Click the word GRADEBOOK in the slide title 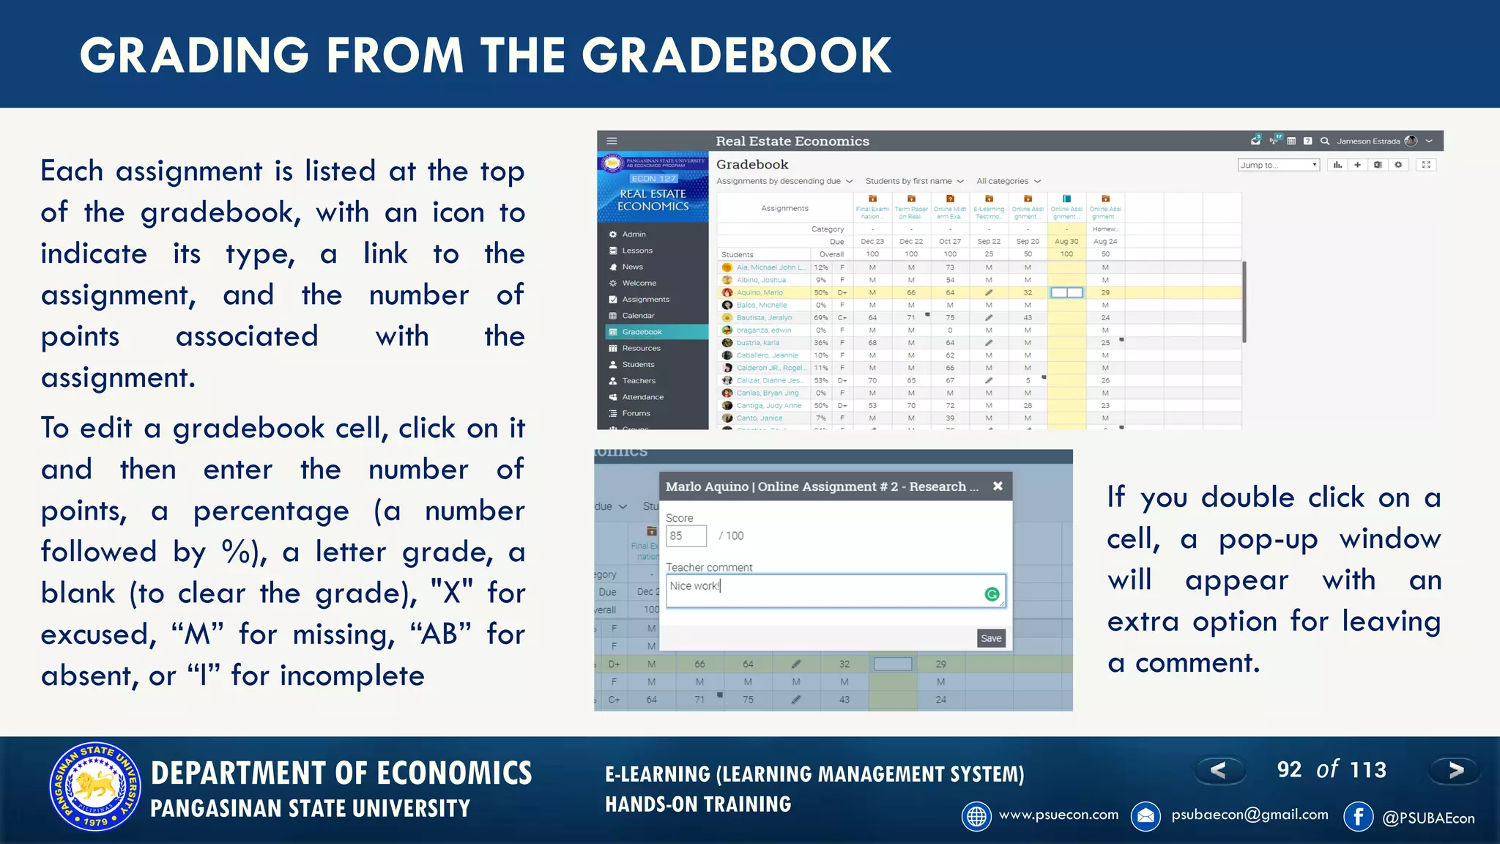(x=736, y=56)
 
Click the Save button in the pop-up (x=991, y=638)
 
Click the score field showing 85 (x=686, y=536)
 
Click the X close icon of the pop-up (x=998, y=486)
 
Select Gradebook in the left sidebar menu (x=642, y=332)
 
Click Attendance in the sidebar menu (x=642, y=397)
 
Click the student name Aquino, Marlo (x=760, y=292)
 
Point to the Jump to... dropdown (x=1278, y=165)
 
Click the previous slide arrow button (x=1218, y=770)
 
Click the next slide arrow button (x=1455, y=770)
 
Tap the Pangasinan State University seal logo (x=95, y=787)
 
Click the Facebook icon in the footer (x=1358, y=816)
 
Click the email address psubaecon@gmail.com (x=1250, y=815)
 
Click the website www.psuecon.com (x=1058, y=815)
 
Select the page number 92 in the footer (x=1289, y=769)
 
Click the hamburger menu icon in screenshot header (x=612, y=141)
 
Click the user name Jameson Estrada (x=1367, y=141)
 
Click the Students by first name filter (x=908, y=181)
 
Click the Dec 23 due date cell (x=872, y=241)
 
